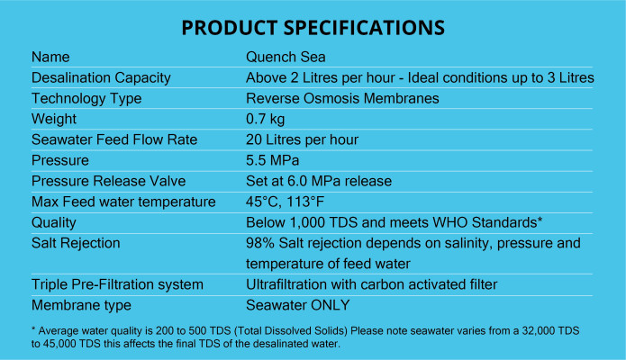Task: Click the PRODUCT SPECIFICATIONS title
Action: point(313,28)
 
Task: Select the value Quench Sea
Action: point(286,57)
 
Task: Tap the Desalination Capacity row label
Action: point(101,78)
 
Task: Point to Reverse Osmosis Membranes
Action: point(342,99)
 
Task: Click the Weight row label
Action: point(54,120)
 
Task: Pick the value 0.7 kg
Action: point(265,120)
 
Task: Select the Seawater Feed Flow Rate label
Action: point(114,139)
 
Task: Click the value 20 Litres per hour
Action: point(302,140)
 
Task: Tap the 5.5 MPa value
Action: point(272,160)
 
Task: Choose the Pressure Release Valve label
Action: point(109,181)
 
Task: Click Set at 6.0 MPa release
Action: point(319,181)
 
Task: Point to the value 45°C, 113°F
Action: point(285,202)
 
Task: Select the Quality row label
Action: point(53,223)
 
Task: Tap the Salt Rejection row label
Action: point(76,244)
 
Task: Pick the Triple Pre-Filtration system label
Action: point(117,285)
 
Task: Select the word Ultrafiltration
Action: point(286,284)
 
